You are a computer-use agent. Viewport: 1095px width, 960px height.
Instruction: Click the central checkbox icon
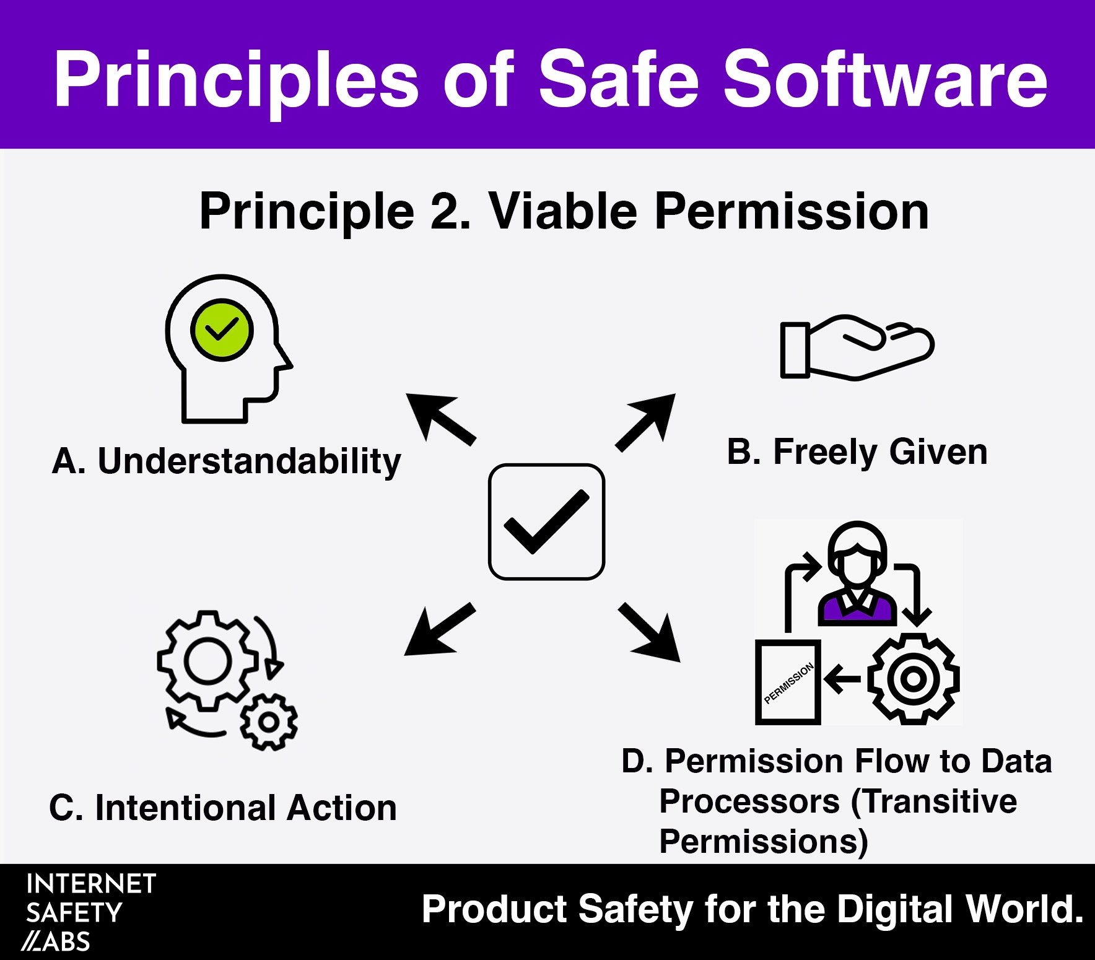coord(546,521)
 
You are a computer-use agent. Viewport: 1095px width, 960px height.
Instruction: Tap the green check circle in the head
coord(222,329)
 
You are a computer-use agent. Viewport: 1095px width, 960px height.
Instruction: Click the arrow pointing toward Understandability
coord(441,419)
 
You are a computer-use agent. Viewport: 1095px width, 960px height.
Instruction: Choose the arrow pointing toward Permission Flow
coord(648,632)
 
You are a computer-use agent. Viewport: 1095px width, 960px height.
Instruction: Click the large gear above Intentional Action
coord(208,660)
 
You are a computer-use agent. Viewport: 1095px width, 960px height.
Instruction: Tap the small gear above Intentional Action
coord(269,722)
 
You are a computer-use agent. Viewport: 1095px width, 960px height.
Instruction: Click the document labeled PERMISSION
coord(788,682)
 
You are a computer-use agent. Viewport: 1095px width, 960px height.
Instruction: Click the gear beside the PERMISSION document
coord(913,679)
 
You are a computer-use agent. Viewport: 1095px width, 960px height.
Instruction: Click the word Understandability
coord(250,461)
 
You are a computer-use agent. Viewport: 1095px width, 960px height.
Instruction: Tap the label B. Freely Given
coord(857,452)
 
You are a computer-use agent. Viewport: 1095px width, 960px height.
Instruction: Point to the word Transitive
coord(934,801)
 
